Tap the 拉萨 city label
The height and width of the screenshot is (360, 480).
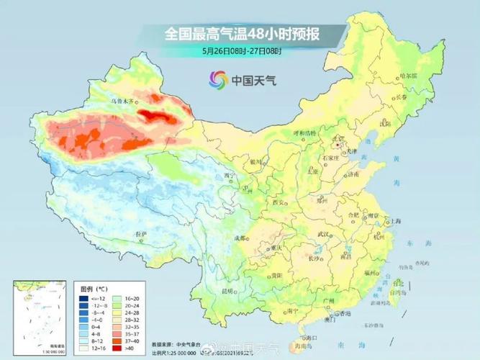[x=141, y=235]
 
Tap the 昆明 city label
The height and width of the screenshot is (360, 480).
[x=228, y=291]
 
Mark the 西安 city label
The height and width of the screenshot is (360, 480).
[x=279, y=204]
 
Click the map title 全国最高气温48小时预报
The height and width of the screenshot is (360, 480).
[x=242, y=34]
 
